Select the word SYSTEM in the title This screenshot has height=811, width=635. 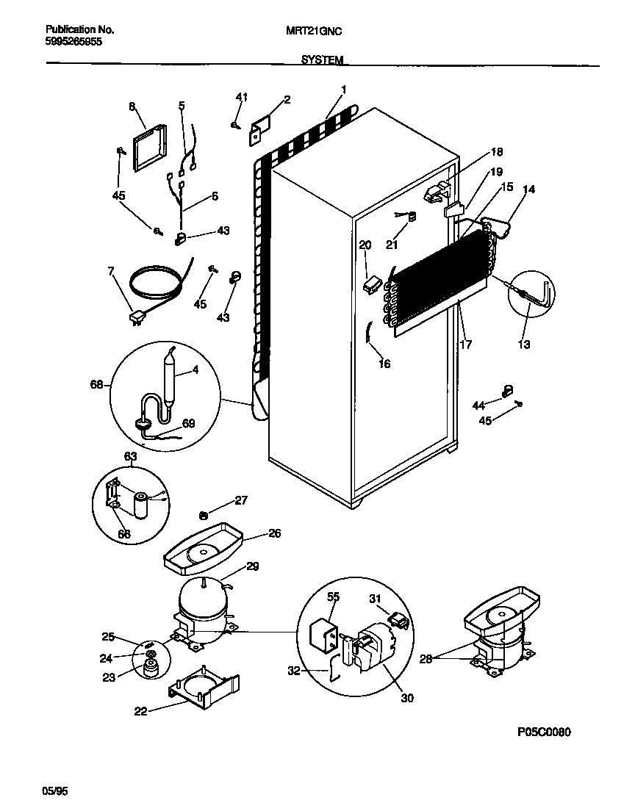pos(321,60)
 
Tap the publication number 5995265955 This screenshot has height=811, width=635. pos(73,43)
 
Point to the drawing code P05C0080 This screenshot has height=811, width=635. pos(544,732)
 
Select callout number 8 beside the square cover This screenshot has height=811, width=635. pos(132,107)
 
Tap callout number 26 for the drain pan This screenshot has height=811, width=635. pos(274,533)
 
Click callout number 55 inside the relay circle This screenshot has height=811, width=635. pos(334,598)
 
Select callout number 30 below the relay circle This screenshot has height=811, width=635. pos(406,698)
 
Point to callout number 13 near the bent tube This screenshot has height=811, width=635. pos(524,345)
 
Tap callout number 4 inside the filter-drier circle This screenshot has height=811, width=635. pos(195,370)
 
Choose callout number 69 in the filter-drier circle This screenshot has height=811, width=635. pos(189,423)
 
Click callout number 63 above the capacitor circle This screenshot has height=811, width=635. pos(129,456)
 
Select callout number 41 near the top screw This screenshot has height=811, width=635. pos(242,97)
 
